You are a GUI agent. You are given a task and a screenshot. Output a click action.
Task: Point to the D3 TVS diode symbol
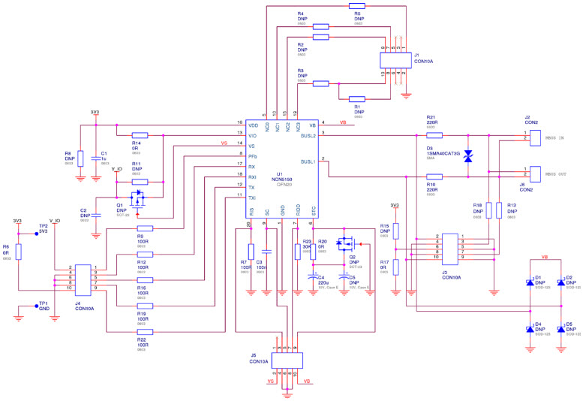coord(468,156)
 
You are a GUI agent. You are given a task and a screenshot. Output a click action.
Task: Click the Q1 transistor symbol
coord(137,198)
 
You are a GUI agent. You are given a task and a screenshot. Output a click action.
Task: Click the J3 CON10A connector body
coord(449,247)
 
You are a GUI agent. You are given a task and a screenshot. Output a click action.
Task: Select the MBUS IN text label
coord(556,137)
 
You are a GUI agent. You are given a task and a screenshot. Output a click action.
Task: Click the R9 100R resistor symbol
coord(144,228)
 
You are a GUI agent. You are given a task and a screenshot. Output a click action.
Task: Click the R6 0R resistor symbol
coord(19,251)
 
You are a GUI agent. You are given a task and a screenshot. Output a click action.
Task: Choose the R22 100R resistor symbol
coord(144,331)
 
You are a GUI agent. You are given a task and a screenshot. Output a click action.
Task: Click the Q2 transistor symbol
coord(346,243)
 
